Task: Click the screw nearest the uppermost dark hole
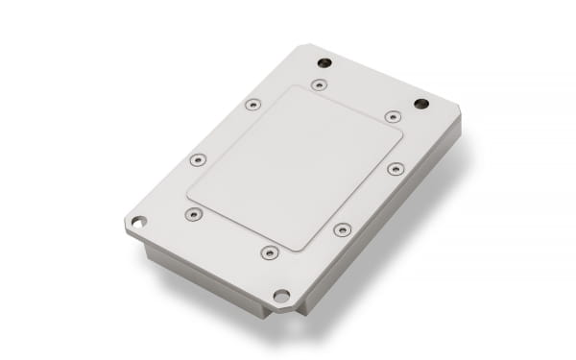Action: [x=319, y=84]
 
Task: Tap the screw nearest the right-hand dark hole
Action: [x=393, y=116]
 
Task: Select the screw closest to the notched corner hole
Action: [x=193, y=214]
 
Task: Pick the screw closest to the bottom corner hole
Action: [x=270, y=252]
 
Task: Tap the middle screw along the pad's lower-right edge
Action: [x=342, y=229]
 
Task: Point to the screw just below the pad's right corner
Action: [x=396, y=169]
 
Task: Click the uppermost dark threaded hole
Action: [x=324, y=62]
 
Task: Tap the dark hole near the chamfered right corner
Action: [x=420, y=103]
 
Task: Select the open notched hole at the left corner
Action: [x=138, y=223]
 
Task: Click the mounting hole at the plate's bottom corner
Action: [x=281, y=296]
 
